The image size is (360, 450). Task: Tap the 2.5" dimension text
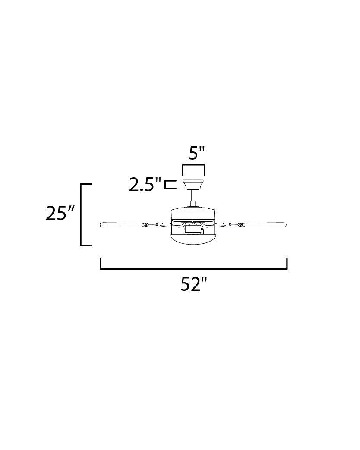pos(145,185)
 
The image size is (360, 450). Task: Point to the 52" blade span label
pos(194,284)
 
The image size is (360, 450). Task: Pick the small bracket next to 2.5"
pos(171,185)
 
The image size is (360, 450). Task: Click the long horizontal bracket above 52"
pos(194,268)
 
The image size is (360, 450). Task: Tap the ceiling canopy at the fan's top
pos(193,185)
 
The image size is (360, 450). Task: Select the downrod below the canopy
pos(193,198)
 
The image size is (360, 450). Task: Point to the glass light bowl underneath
pos(193,239)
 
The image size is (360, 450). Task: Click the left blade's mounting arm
pos(158,224)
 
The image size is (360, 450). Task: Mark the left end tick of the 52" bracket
pos(101,263)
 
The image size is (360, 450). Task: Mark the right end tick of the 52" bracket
pos(287,263)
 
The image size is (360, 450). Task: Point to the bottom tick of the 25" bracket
pos(87,245)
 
